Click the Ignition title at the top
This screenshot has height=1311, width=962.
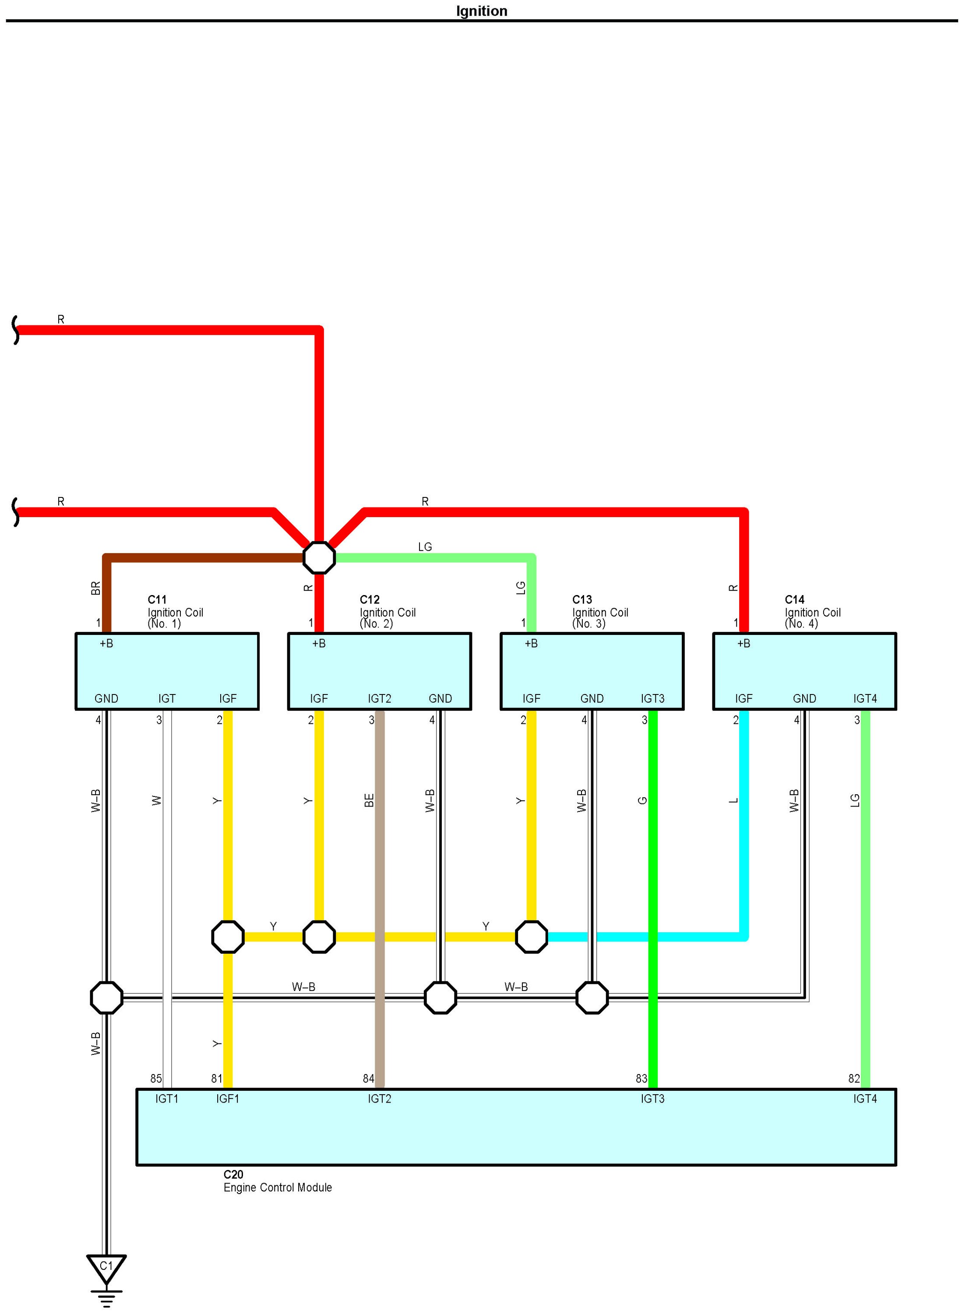point(481,11)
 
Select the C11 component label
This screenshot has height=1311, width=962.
point(157,599)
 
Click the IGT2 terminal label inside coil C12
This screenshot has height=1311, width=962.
point(379,698)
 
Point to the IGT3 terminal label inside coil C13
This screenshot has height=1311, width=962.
point(652,698)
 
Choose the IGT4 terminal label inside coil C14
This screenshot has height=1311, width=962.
point(865,698)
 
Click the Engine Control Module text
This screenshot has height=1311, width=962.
point(277,1188)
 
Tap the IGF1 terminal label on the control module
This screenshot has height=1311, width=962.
point(228,1099)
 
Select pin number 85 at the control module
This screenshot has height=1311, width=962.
point(156,1078)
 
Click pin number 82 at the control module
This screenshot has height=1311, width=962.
point(854,1078)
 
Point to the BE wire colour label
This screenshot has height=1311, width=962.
point(369,800)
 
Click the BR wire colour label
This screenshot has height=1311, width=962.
point(96,588)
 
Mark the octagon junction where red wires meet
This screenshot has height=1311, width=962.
point(319,557)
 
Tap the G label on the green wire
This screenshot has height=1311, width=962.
point(643,800)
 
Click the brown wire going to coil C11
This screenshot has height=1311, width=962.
point(204,558)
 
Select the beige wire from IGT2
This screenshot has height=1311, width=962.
point(380,874)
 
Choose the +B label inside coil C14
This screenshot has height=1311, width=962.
point(744,644)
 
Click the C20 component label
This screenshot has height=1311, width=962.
point(233,1175)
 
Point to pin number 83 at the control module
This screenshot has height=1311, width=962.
point(641,1078)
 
